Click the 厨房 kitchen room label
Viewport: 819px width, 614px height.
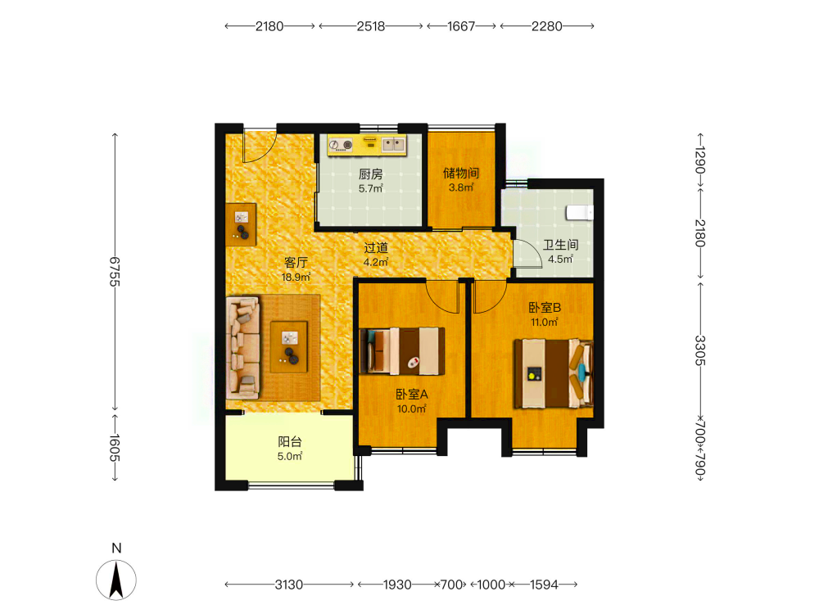pos(370,174)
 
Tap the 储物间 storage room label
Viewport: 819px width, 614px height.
pos(460,173)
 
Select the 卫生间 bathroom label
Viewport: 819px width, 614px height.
pos(560,244)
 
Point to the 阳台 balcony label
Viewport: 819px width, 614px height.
pos(290,442)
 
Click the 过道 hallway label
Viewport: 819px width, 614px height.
pos(376,248)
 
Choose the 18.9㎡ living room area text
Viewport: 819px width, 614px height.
pos(296,277)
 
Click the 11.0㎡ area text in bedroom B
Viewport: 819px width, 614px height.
pos(545,322)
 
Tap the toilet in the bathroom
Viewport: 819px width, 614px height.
pos(580,213)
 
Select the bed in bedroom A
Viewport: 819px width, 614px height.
pos(402,351)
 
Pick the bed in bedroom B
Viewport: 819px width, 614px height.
pos(554,373)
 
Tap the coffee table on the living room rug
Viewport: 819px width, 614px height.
pos(289,346)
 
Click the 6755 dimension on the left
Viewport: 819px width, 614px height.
pos(115,272)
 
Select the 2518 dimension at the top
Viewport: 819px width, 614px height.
pos(371,26)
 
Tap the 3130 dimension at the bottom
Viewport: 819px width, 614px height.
pos(289,585)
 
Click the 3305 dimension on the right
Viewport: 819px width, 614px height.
pos(700,350)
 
